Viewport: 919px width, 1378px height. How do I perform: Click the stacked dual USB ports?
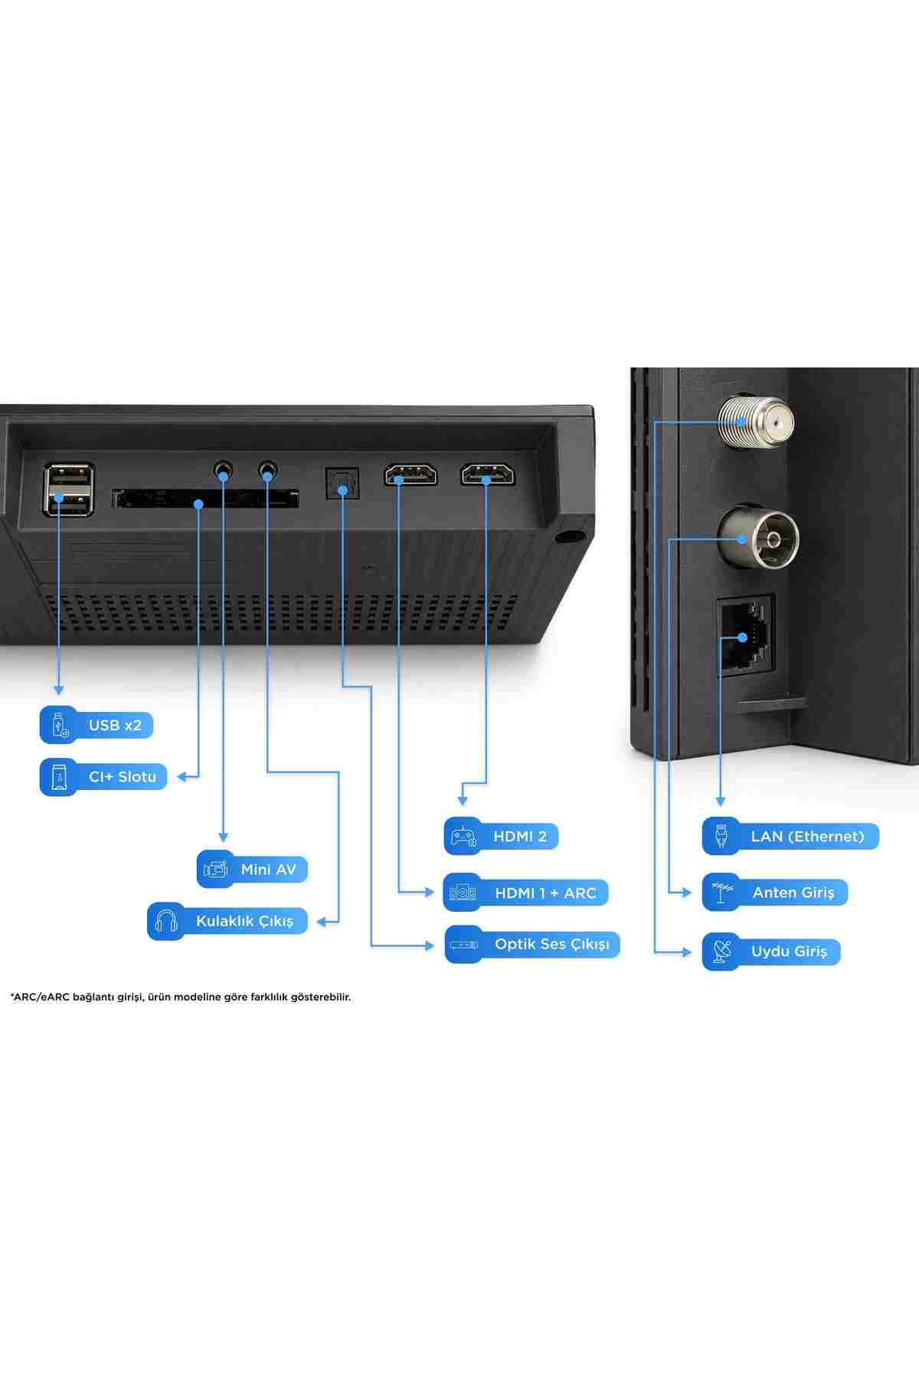pyautogui.click(x=69, y=489)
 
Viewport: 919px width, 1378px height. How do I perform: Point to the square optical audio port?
pyautogui.click(x=342, y=483)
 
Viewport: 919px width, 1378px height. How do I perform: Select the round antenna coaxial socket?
pyautogui.click(x=757, y=538)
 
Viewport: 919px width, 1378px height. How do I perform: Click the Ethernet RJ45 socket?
pyautogui.click(x=744, y=636)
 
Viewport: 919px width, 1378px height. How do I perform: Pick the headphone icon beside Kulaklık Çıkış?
pyautogui.click(x=166, y=921)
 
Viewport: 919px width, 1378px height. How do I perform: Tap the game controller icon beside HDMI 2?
pyautogui.click(x=463, y=836)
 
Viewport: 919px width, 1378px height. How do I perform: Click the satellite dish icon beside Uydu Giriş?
pyautogui.click(x=721, y=952)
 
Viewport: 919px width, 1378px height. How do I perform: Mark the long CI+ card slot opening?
pyautogui.click(x=205, y=499)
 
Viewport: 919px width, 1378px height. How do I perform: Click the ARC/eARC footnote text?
pyautogui.click(x=181, y=997)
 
